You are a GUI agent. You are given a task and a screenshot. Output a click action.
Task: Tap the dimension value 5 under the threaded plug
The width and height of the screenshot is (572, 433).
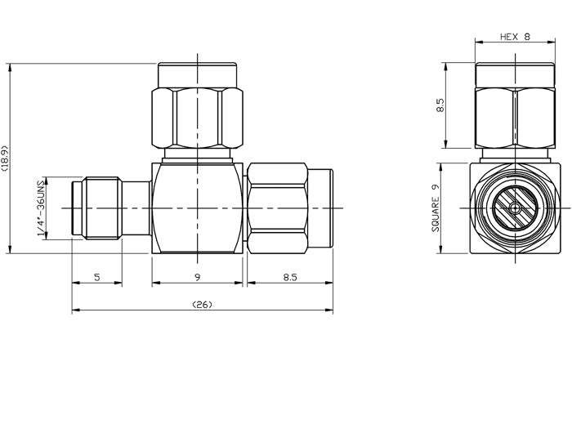(96, 278)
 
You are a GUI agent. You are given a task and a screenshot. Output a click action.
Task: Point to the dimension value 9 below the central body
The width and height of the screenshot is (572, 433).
(198, 278)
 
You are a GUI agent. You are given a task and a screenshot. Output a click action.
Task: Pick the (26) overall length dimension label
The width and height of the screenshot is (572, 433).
(202, 305)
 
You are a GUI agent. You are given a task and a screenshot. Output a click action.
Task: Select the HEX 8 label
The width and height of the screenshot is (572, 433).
(516, 37)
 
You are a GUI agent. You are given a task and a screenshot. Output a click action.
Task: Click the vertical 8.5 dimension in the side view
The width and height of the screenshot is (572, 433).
(441, 106)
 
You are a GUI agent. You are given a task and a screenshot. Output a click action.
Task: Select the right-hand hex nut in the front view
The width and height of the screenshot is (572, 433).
(278, 208)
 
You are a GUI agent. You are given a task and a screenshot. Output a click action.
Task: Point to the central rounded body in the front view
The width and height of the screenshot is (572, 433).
(198, 208)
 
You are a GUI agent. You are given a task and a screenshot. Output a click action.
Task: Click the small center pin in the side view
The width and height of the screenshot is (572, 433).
(515, 208)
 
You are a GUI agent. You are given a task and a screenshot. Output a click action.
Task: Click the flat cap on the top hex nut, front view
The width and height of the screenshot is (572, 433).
(197, 73)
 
